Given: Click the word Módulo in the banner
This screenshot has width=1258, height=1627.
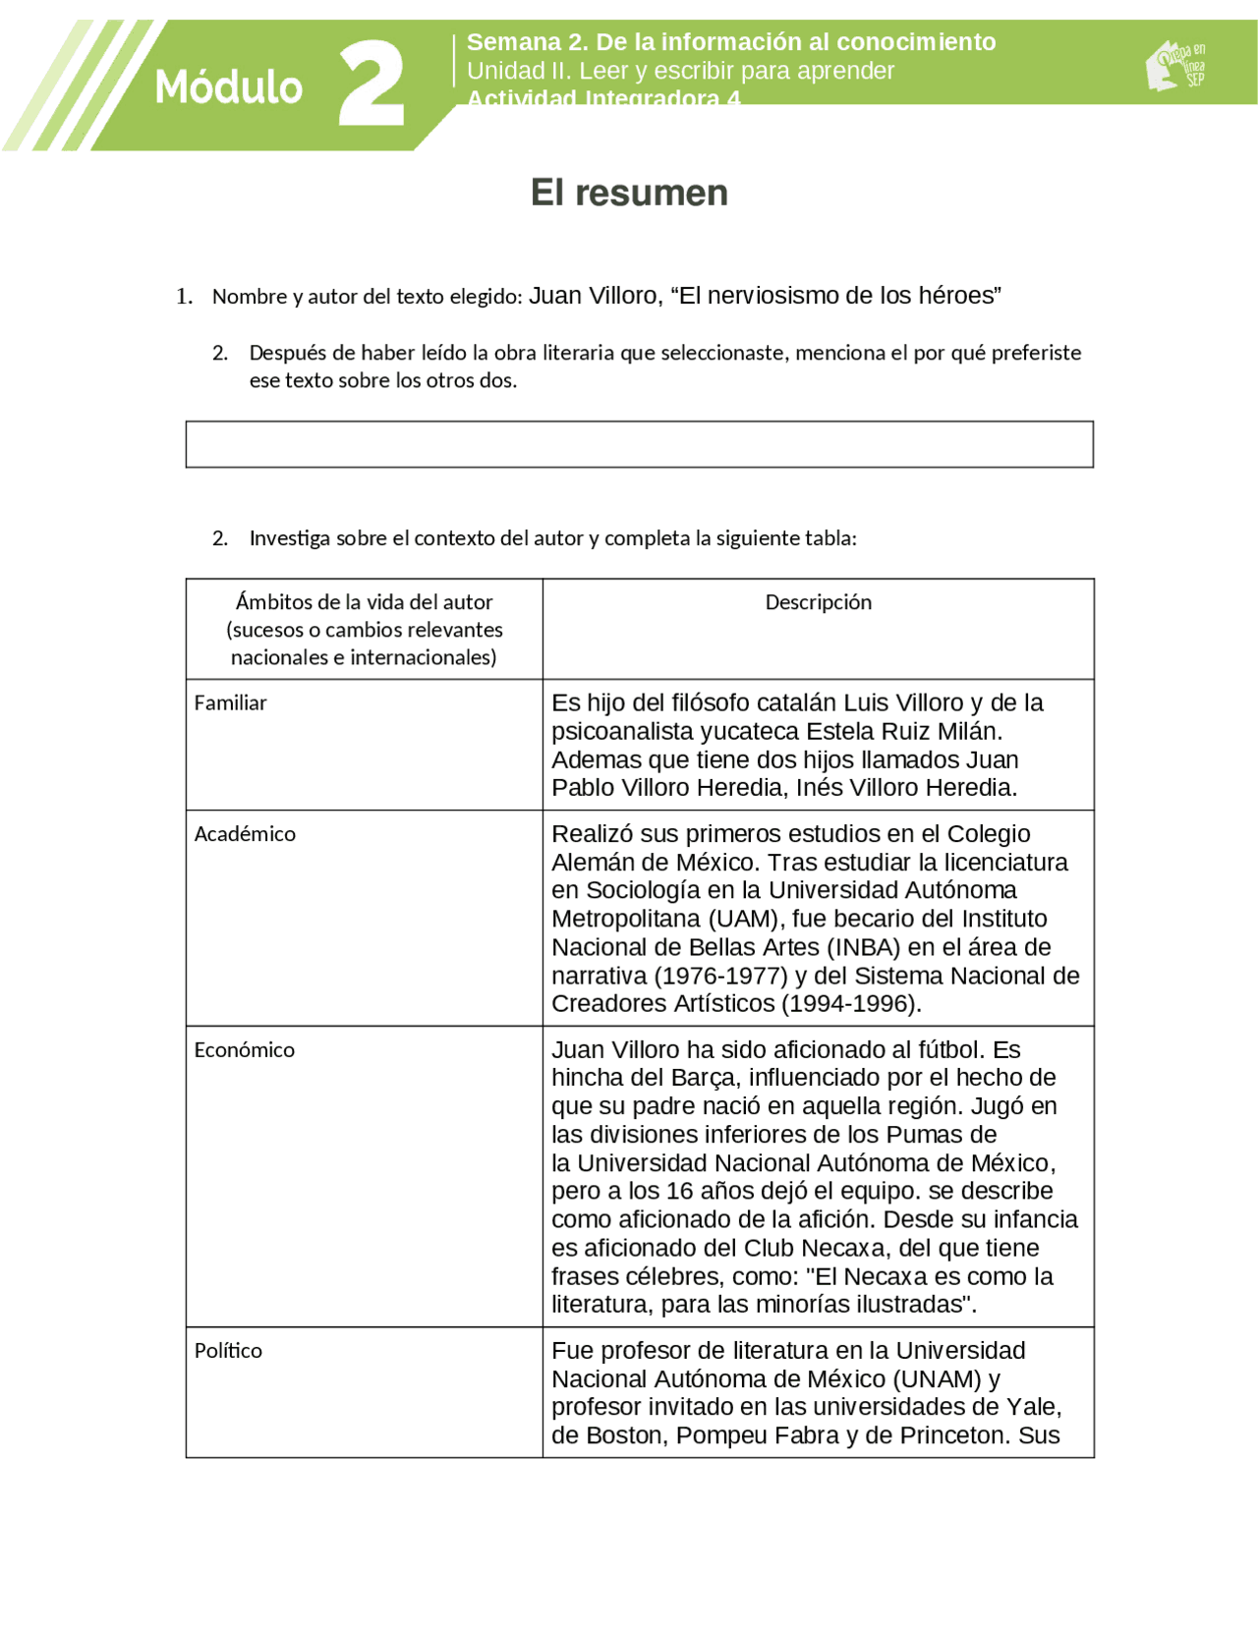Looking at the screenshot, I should pos(228,87).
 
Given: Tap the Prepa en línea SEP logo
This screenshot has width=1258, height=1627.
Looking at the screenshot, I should pos(1175,66).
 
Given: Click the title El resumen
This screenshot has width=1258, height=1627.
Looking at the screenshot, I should pos(629,193).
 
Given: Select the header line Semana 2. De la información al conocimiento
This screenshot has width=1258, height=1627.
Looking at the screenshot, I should pos(730,42).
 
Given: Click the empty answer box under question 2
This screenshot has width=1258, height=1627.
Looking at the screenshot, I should pos(639,444).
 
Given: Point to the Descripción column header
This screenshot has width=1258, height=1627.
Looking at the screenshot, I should pos(818,602).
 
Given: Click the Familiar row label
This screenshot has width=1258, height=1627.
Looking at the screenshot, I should pos(230,702).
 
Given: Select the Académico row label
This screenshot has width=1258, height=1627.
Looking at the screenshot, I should pos(245,833).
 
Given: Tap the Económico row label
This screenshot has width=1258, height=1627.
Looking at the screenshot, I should pos(244,1049).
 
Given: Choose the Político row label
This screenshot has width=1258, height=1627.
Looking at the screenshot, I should pos(228,1350).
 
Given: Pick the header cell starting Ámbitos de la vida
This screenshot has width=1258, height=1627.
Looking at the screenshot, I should pos(364,629).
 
